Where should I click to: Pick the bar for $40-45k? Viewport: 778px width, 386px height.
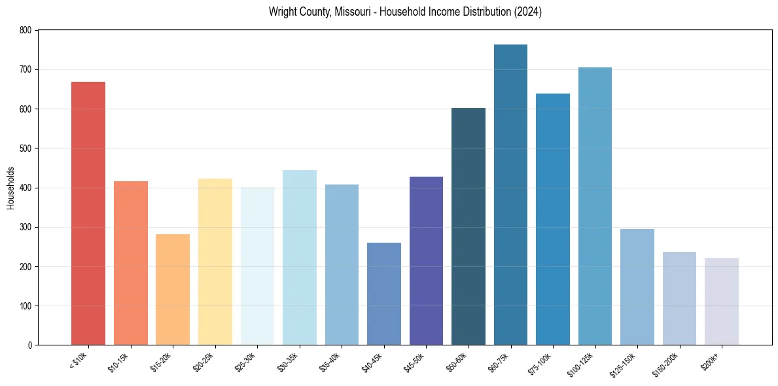[384, 294]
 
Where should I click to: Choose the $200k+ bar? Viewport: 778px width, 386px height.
[722, 301]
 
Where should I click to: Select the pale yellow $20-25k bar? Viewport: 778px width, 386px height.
[215, 262]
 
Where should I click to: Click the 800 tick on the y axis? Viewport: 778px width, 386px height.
[25, 30]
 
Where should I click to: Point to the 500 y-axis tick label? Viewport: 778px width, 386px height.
[25, 149]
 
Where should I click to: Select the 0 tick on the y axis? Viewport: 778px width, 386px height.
[29, 345]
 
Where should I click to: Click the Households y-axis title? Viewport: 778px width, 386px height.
[10, 188]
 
